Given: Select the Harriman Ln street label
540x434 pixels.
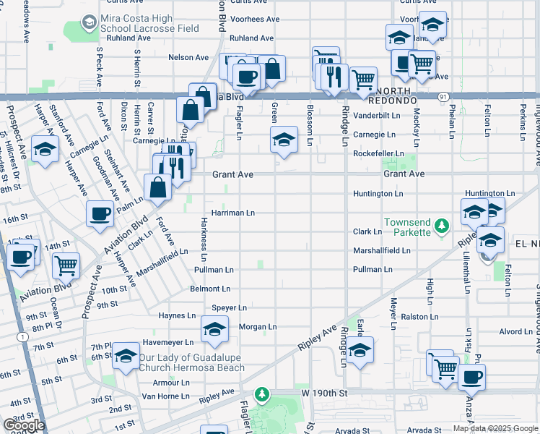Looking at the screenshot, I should point(232,213).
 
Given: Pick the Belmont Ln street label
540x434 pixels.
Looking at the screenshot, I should point(209,289).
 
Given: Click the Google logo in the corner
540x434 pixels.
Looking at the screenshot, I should point(25,425).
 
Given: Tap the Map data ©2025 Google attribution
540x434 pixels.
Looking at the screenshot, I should point(495,428).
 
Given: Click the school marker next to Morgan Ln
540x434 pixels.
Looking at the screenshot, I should point(214,329).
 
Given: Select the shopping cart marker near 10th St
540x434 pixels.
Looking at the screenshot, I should point(66,265).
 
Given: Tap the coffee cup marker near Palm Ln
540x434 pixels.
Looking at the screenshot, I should point(100,213).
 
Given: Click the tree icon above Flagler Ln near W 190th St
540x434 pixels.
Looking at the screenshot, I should point(264,395).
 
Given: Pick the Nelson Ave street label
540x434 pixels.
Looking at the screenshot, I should point(188,57).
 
